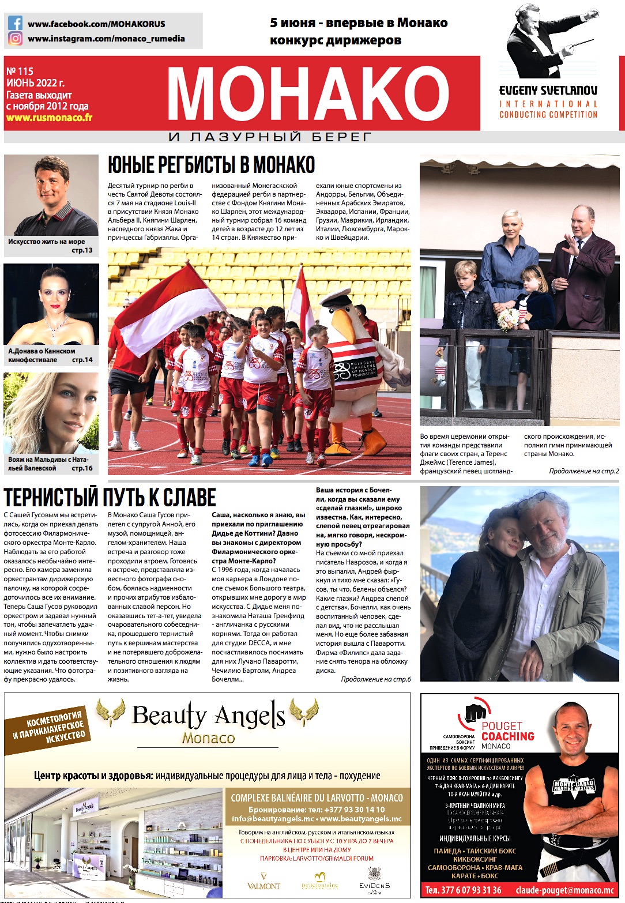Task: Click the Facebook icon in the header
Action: click(16, 24)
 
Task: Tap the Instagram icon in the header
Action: click(16, 39)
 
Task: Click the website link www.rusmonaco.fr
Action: click(49, 118)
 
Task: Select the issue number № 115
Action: click(20, 72)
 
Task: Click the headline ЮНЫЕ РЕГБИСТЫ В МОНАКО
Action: click(211, 165)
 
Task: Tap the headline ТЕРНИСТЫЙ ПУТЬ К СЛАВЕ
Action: click(110, 498)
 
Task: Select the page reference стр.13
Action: click(82, 250)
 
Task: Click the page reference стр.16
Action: click(82, 468)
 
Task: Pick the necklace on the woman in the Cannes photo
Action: click(55, 327)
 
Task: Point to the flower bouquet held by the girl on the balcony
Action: click(507, 318)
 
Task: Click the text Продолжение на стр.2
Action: click(583, 471)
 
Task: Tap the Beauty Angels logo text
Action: click(208, 716)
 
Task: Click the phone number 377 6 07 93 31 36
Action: click(463, 890)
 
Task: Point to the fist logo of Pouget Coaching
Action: click(475, 713)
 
